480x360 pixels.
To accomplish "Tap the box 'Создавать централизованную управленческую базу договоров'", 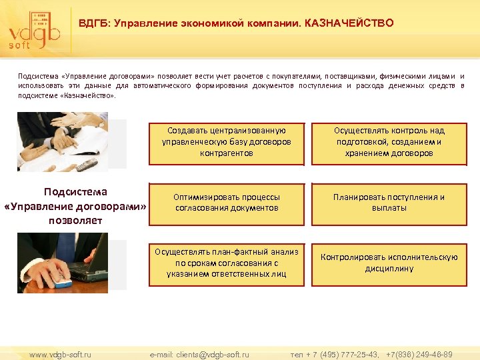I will [227, 142].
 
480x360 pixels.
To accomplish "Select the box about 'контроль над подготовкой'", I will [389, 142].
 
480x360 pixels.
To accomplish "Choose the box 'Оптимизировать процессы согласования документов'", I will [227, 203].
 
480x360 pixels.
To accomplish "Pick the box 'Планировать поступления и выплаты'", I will [389, 203].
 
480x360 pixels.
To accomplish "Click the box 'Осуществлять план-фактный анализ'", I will [227, 262].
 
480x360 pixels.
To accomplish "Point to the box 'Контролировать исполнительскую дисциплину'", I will [389, 263].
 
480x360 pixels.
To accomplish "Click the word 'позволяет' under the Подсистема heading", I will [75, 220].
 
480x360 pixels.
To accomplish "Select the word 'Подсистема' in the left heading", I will [75, 192].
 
